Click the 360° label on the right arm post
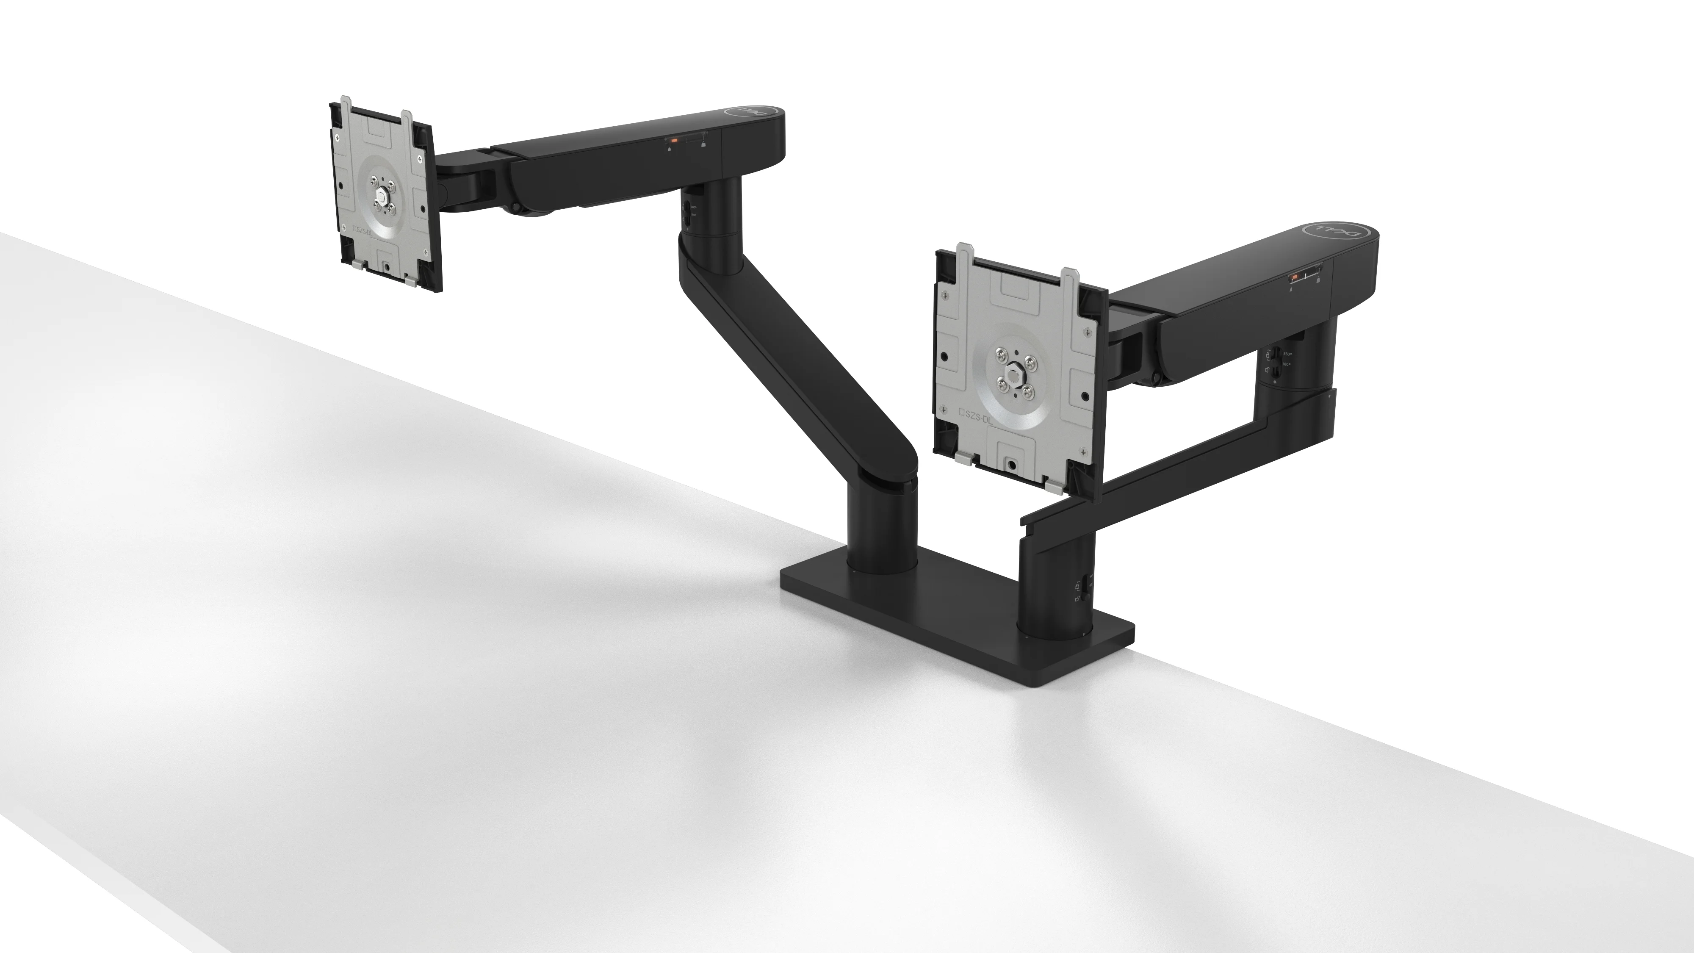[x=1287, y=354]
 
